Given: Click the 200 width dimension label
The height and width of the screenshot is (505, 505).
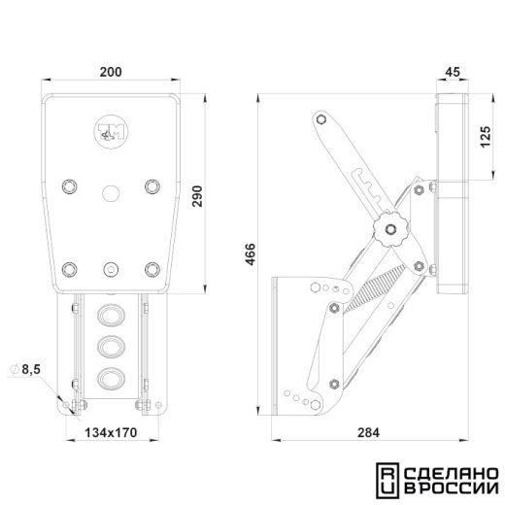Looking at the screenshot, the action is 111,72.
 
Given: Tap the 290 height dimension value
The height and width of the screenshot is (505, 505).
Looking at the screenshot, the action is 197,196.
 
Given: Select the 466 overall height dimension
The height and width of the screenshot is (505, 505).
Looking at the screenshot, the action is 251,254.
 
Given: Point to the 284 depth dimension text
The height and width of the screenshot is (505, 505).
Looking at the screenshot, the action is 368,432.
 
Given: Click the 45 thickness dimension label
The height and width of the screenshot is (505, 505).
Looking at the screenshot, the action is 453,72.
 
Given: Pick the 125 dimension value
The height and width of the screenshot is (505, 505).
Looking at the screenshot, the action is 486,137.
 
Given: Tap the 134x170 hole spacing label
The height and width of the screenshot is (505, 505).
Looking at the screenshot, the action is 111,432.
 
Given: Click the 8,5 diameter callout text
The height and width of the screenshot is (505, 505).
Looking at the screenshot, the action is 31,369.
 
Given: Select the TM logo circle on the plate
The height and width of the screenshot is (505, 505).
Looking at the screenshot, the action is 111,132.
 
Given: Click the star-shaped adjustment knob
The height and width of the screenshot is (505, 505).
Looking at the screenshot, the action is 390,229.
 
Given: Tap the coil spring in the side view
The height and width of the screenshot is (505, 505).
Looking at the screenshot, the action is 375,287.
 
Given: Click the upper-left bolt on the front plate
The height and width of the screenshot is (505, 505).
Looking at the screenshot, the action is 69,186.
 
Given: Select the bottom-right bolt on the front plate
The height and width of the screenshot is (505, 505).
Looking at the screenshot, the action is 152,269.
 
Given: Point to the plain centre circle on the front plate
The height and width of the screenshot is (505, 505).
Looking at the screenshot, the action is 111,193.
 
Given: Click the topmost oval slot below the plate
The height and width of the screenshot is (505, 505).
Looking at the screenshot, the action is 111,315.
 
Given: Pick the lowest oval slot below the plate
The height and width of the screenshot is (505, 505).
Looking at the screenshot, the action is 111,379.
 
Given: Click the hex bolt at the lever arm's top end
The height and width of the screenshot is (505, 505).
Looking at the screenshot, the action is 321,119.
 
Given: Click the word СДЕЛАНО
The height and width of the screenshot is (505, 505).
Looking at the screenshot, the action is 452,474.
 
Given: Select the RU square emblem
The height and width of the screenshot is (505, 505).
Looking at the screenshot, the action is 387,481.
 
